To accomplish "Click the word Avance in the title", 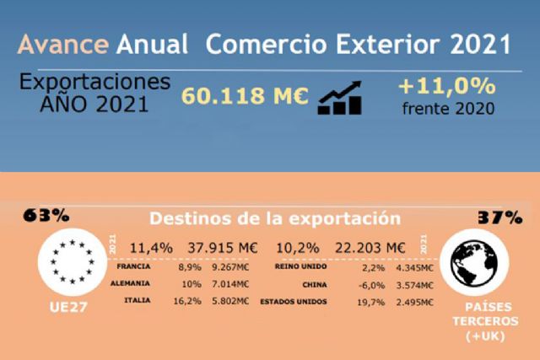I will [63, 43].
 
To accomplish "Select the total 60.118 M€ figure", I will [245, 97].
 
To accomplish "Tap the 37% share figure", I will [500, 217].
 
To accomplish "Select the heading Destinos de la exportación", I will [275, 218].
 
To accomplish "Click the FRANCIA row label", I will [135, 267].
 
